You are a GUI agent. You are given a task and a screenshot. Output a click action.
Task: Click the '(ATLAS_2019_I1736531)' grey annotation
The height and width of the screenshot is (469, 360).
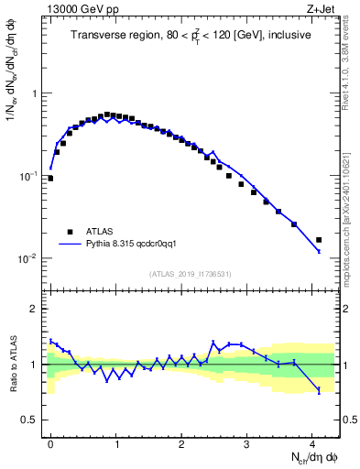(x=191, y=274)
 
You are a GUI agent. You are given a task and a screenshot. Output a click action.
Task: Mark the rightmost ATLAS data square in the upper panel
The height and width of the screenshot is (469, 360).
(x=319, y=240)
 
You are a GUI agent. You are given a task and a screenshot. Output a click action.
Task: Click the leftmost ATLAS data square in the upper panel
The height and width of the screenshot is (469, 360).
(x=50, y=179)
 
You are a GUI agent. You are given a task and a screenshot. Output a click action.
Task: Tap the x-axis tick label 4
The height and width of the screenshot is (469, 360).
(x=312, y=442)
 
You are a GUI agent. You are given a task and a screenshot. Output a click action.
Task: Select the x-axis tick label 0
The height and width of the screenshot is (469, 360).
(x=50, y=442)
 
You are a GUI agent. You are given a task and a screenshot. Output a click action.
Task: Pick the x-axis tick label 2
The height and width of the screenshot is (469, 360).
(x=181, y=442)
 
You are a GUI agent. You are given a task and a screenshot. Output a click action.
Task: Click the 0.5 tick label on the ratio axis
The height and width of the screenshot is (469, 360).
(x=31, y=420)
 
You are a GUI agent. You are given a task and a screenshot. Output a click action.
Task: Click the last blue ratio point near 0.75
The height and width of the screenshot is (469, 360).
(x=319, y=391)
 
